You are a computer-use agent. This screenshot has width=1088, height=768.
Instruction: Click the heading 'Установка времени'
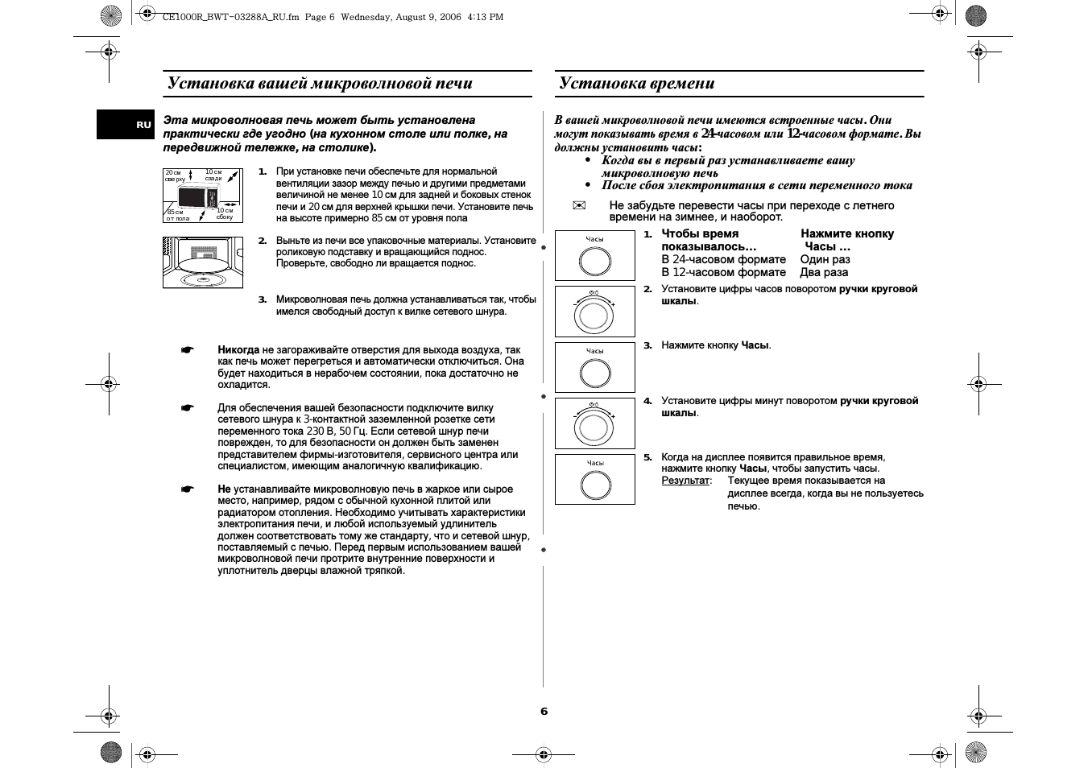tap(637, 83)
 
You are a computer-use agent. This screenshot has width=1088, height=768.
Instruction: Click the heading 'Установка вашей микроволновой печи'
tap(320, 83)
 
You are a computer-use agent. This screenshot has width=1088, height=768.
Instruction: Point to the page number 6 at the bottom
tap(544, 711)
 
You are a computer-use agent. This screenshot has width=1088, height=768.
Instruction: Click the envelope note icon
tap(577, 206)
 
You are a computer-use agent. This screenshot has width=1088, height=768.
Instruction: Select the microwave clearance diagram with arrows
tap(202, 196)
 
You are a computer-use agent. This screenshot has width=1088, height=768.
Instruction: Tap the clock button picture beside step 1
tap(595, 256)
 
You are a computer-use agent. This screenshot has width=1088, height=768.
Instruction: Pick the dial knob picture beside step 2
tap(595, 312)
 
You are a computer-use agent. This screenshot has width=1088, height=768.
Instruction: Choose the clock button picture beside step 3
tap(595, 368)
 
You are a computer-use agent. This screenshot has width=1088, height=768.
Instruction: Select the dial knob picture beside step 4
tap(595, 424)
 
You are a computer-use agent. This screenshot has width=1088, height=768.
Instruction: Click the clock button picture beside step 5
tap(595, 480)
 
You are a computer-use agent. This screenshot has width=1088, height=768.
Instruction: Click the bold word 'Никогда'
tap(238, 350)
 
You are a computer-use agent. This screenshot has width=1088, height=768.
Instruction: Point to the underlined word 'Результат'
tap(685, 481)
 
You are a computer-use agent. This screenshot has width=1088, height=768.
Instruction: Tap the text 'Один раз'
tap(825, 259)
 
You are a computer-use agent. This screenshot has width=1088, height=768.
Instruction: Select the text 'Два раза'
tap(824, 272)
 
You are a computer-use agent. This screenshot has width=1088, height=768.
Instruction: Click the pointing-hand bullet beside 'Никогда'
tap(188, 350)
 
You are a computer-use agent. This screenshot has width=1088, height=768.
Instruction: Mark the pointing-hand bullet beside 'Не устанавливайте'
tap(188, 489)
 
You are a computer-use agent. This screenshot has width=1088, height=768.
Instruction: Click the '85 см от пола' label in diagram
tap(177, 215)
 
